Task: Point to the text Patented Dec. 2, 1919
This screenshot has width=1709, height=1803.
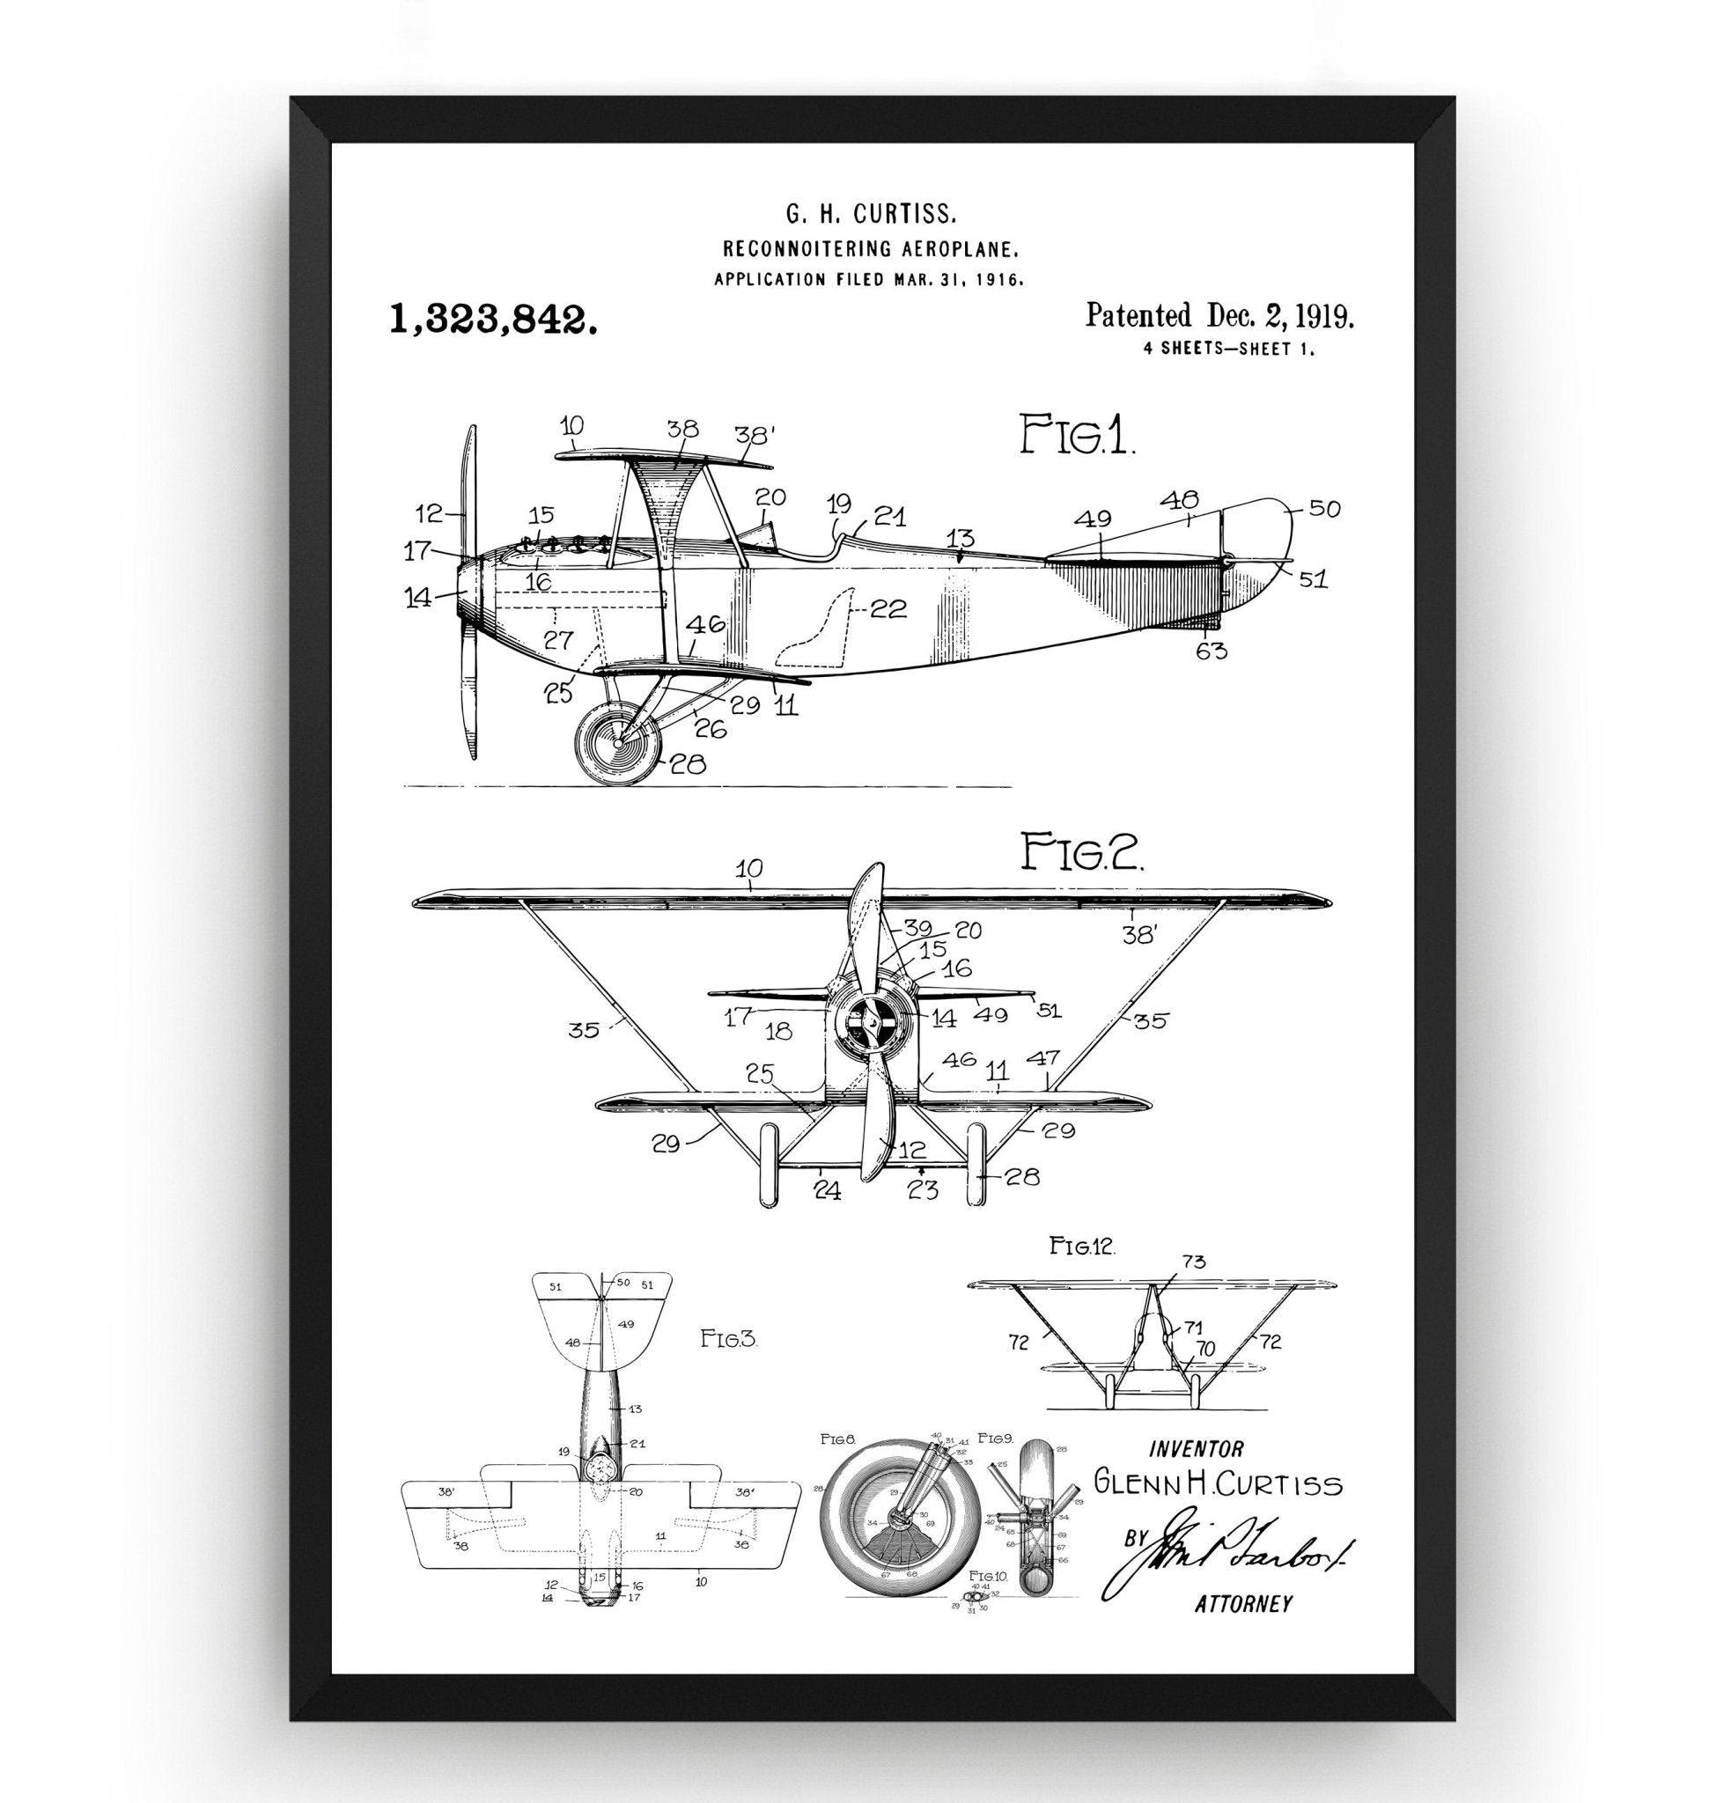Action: (x=1219, y=316)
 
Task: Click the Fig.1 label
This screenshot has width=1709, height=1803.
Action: (x=1077, y=435)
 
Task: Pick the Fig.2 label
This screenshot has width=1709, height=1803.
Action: (x=1080, y=854)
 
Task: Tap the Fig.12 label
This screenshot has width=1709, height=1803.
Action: (x=1082, y=1247)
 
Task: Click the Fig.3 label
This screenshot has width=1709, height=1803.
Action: (x=728, y=1340)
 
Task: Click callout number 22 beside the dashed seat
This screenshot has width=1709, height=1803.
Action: (x=888, y=609)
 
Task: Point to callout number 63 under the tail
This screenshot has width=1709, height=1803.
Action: (x=1212, y=651)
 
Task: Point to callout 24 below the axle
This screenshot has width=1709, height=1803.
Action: (x=826, y=1190)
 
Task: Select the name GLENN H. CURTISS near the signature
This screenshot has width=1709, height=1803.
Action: (x=1217, y=1483)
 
